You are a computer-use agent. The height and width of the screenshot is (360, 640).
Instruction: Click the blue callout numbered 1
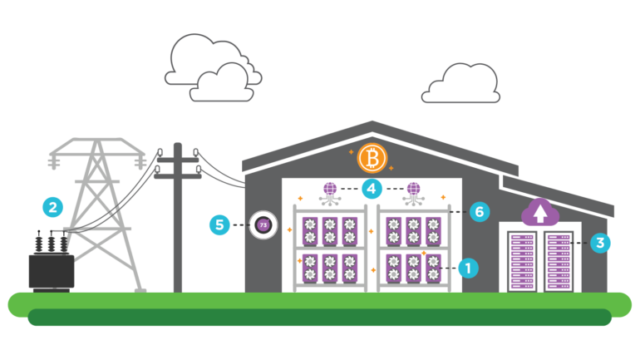(x=468, y=268)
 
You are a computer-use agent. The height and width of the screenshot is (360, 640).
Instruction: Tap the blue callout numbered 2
(x=53, y=207)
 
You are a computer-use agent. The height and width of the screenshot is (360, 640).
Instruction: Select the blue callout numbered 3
(x=600, y=243)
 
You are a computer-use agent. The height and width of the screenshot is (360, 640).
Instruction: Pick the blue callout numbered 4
(x=372, y=189)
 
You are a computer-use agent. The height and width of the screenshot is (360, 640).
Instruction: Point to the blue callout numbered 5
(x=219, y=224)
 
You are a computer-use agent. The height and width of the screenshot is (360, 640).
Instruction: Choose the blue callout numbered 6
(x=480, y=212)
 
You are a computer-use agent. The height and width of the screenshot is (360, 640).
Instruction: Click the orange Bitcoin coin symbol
(x=372, y=158)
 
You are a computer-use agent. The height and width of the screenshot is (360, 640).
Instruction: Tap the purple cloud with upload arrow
(x=540, y=213)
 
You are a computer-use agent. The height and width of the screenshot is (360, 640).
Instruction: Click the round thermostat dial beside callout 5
(x=263, y=224)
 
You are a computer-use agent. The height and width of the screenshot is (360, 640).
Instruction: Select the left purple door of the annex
(x=522, y=260)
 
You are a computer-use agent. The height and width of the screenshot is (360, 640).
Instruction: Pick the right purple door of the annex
(x=559, y=260)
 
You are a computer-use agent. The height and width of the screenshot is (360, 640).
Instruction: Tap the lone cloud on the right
(x=462, y=85)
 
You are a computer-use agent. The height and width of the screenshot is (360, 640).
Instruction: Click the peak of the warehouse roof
(x=372, y=124)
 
